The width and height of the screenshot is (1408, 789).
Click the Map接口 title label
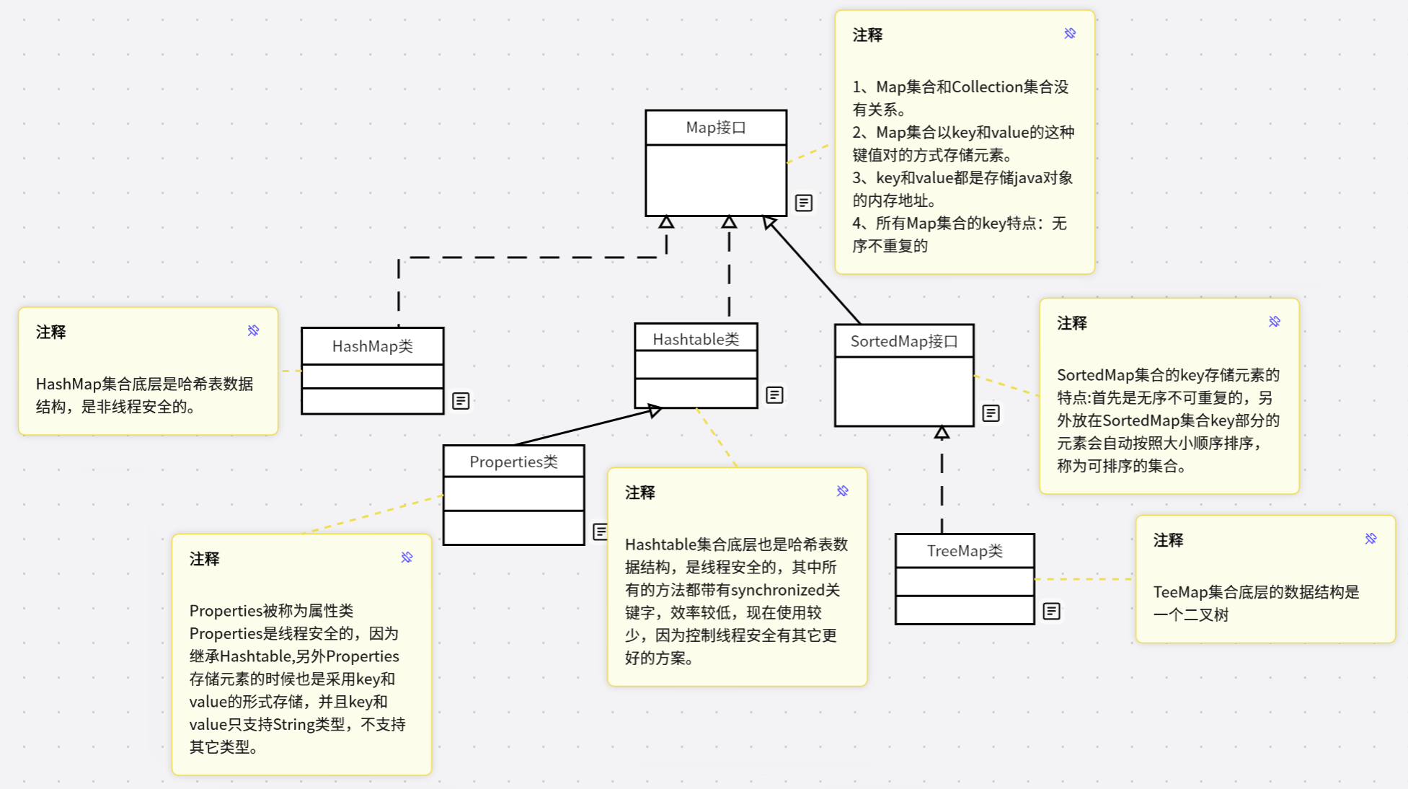[715, 128]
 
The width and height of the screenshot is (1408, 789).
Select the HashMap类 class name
[372, 346]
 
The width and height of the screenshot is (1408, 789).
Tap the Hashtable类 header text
[696, 339]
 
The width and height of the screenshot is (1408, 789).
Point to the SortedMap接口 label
[904, 341]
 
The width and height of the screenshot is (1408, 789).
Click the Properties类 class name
[513, 462]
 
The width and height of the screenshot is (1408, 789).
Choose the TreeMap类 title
[965, 551]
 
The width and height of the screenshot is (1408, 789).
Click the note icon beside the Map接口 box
[804, 203]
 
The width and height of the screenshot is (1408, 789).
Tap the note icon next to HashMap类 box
[461, 401]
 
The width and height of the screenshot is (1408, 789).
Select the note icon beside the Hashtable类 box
[774, 395]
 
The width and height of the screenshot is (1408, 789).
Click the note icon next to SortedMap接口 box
[991, 413]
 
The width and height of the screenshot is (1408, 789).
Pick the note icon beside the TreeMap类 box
[1052, 612]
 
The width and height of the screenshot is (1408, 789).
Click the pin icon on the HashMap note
[253, 330]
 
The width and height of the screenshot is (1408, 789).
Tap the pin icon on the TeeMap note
[1371, 539]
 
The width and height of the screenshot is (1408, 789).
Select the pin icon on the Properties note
[407, 557]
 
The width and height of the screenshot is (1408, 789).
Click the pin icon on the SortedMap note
[1275, 322]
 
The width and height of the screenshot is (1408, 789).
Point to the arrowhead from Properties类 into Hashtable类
[654, 410]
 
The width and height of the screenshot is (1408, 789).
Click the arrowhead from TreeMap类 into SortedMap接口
[942, 433]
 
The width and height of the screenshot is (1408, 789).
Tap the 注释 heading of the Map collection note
[867, 35]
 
